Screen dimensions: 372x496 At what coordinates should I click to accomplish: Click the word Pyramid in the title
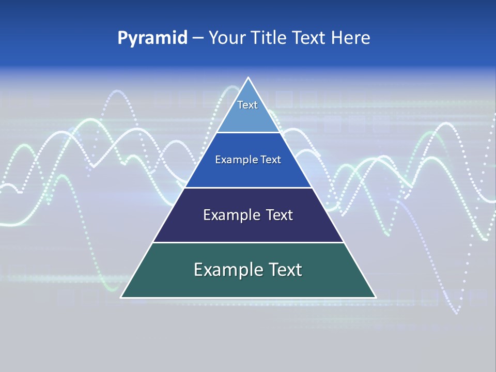[152, 38]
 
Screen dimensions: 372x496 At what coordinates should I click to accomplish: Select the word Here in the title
[351, 38]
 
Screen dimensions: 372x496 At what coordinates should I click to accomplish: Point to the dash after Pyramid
[198, 38]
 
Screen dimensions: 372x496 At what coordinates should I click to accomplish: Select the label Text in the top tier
[247, 105]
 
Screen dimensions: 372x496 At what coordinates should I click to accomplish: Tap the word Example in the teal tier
[226, 270]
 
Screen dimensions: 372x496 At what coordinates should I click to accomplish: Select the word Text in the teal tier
[284, 270]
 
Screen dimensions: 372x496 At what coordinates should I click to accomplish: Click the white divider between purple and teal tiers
[248, 242]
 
